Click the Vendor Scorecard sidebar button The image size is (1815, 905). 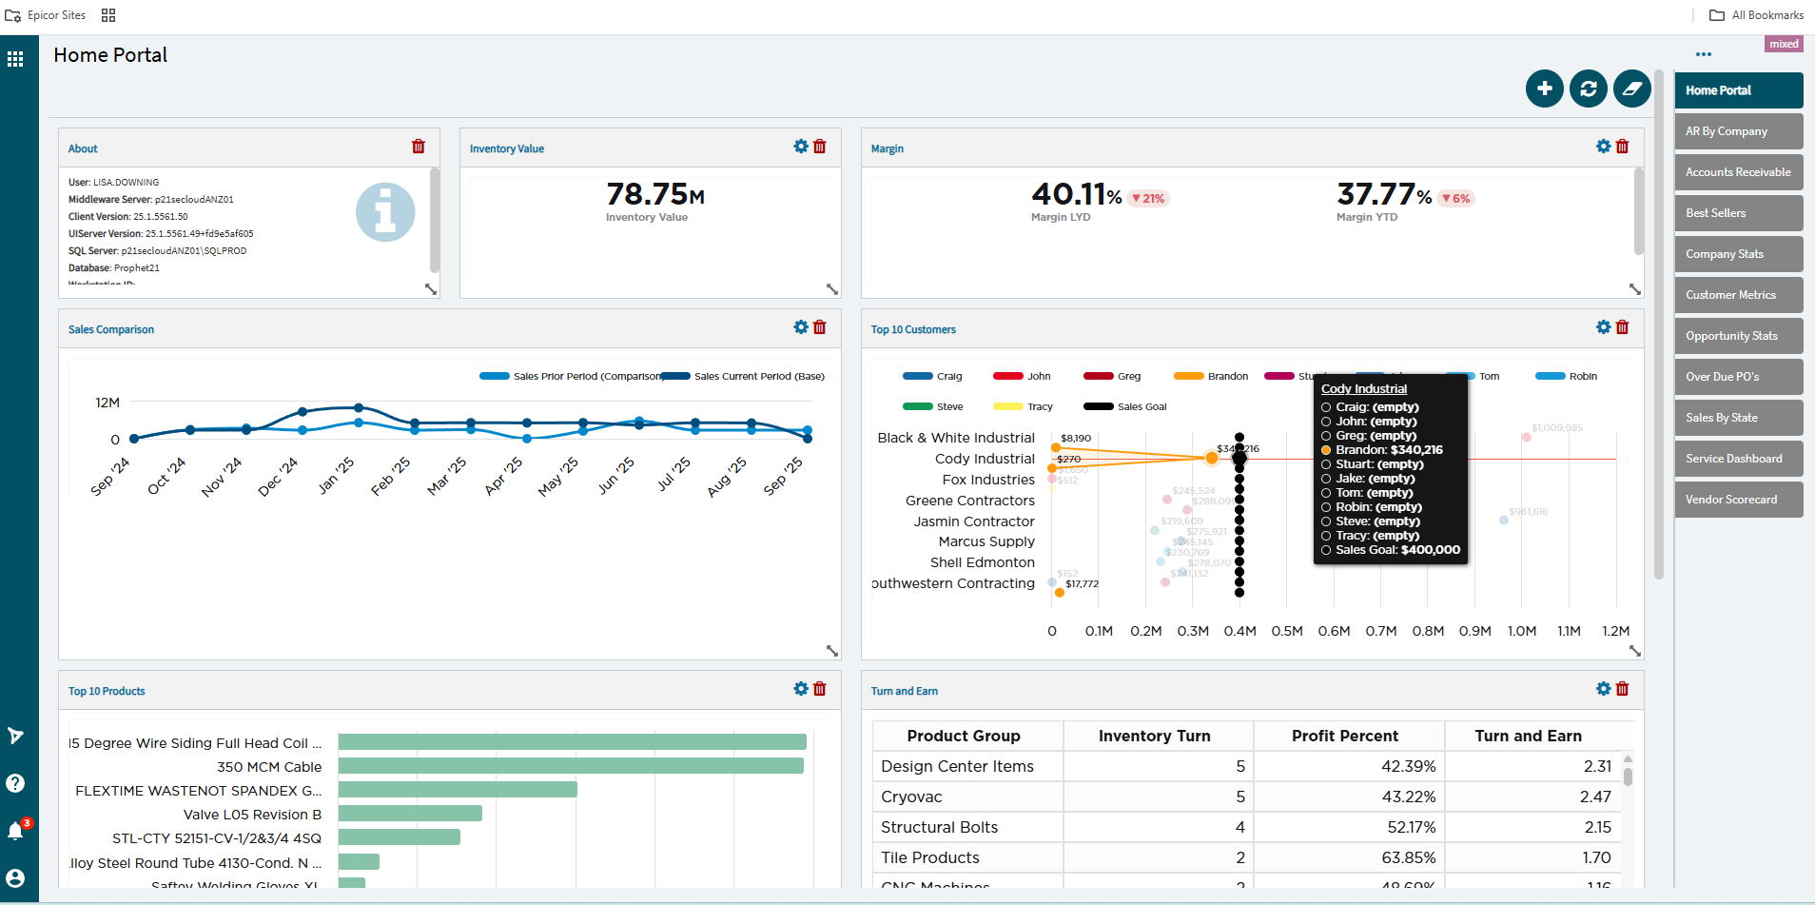coord(1737,500)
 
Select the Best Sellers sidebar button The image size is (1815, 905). coord(1737,213)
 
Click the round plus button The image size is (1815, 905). coord(1544,89)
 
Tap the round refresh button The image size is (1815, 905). coord(1588,89)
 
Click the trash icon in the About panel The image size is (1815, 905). coord(419,147)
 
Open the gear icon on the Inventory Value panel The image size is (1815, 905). coord(801,147)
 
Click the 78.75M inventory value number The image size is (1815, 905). coord(654,194)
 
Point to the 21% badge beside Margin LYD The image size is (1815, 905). coord(1147,199)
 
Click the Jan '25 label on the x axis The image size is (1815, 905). coord(336,476)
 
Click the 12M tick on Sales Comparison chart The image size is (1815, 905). coord(107,403)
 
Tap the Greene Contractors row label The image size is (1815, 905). coord(969,501)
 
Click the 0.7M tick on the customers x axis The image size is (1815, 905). coord(1380,631)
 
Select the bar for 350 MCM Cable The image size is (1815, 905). coord(571,766)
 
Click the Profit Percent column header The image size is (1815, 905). coord(1344,736)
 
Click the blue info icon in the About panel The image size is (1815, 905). coord(385,211)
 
